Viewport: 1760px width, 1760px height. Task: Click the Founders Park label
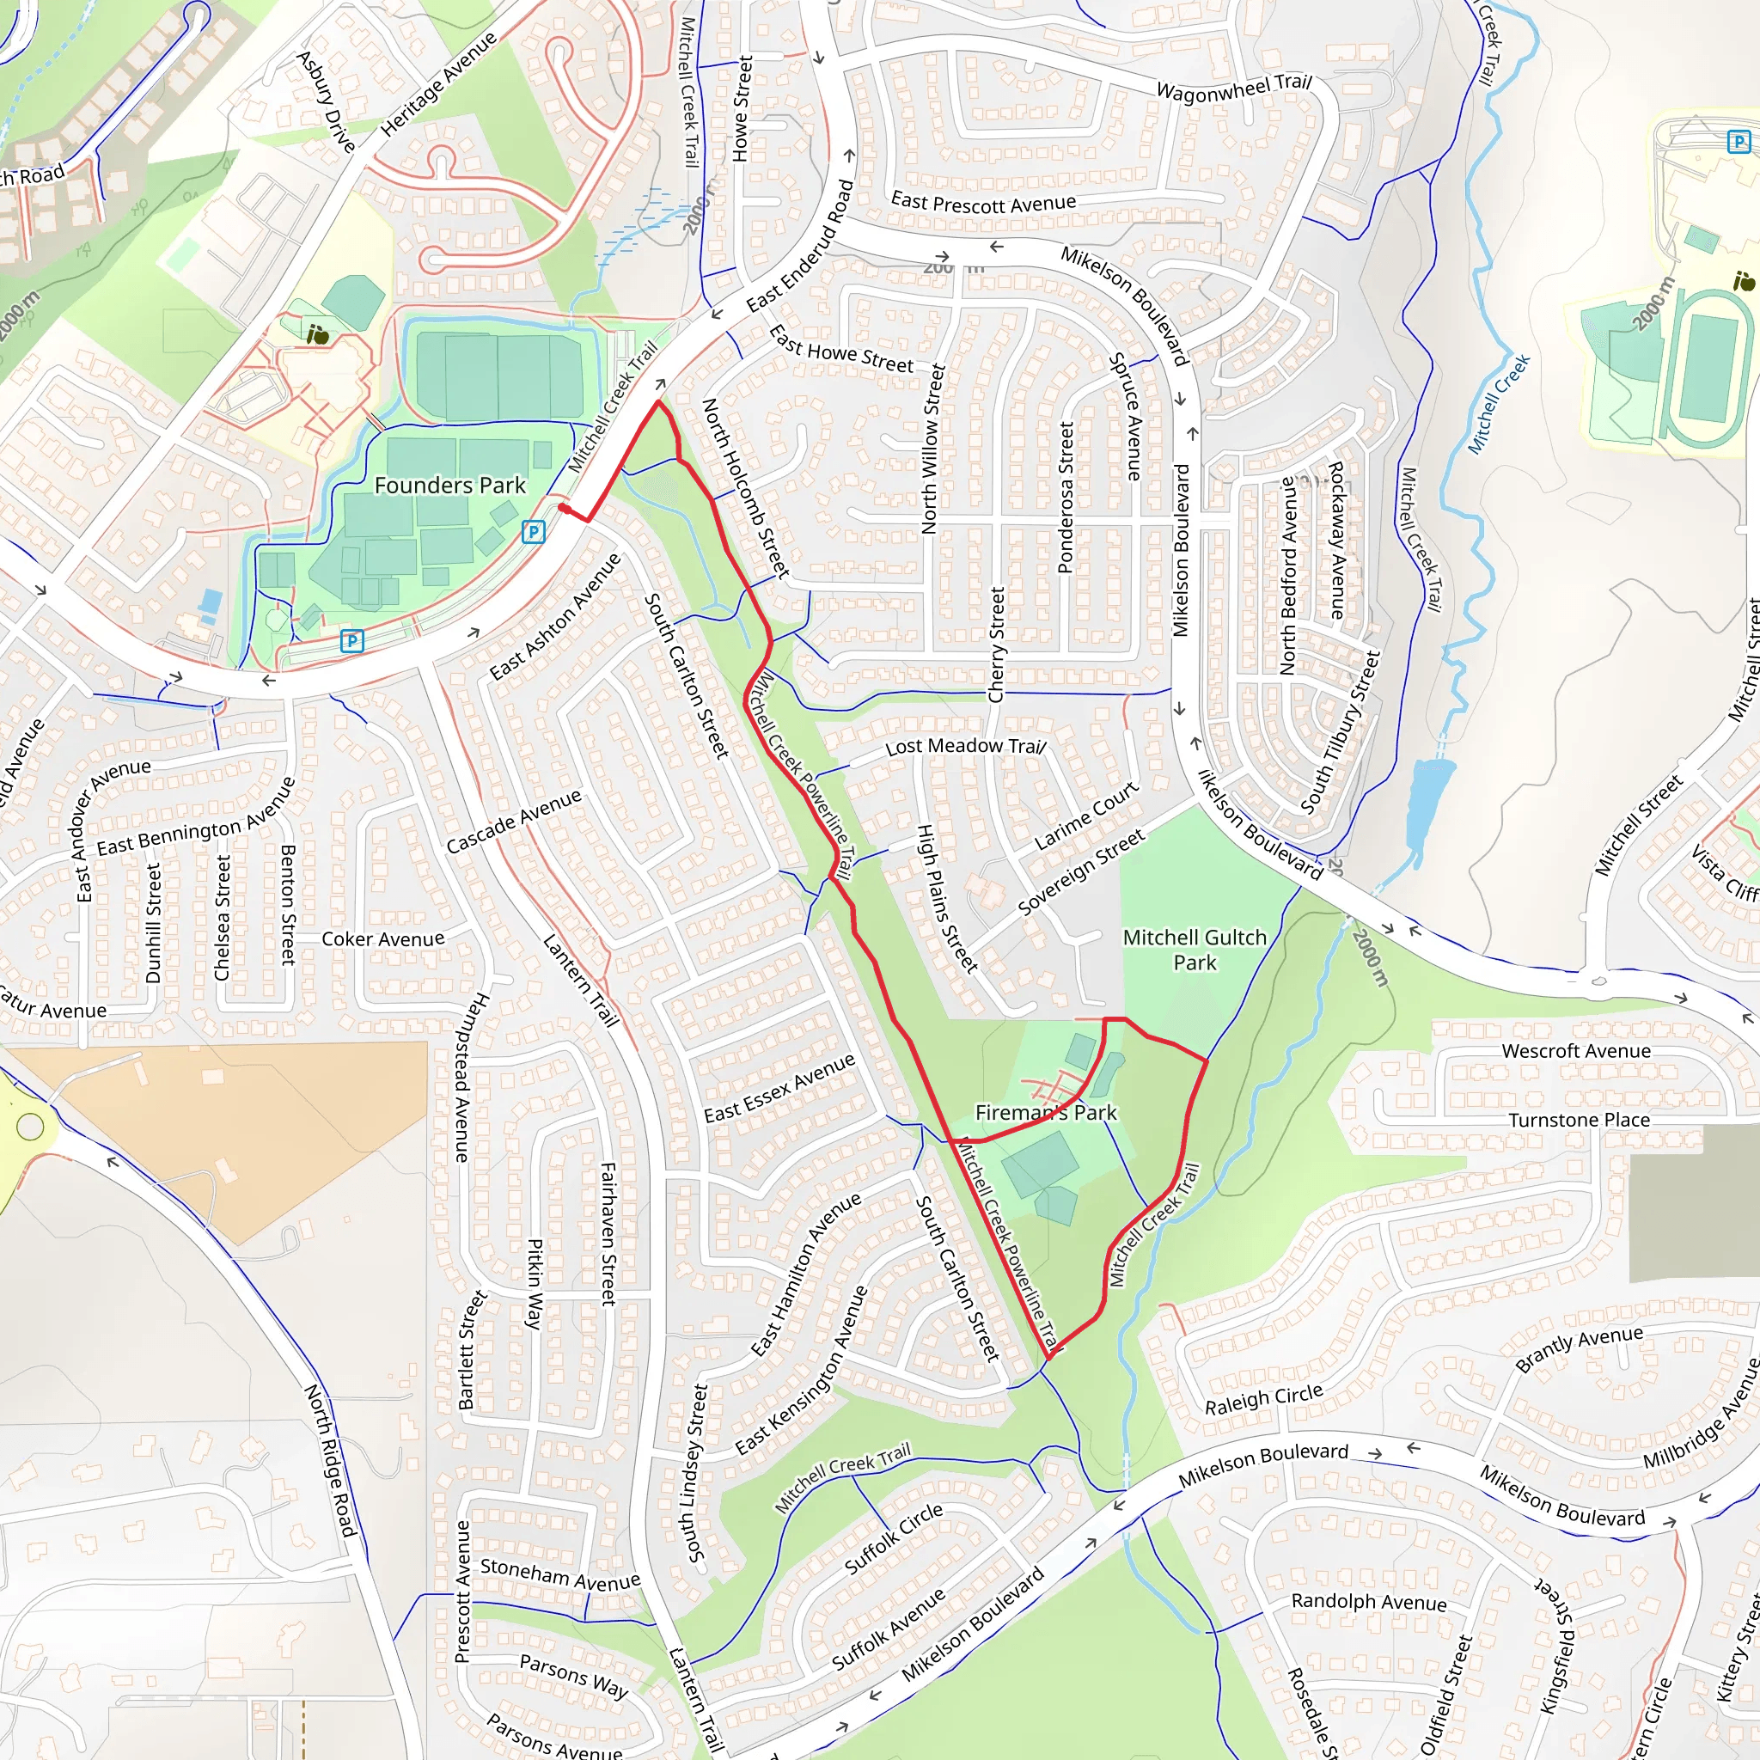pyautogui.click(x=450, y=485)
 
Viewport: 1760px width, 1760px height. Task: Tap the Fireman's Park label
pyautogui.click(x=1046, y=1112)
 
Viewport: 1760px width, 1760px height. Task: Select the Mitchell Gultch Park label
pyautogui.click(x=1195, y=950)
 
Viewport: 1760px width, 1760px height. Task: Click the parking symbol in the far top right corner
pyautogui.click(x=1739, y=141)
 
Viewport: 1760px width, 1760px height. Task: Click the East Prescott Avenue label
pyautogui.click(x=983, y=202)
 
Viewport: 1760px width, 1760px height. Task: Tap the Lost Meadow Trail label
pyautogui.click(x=966, y=746)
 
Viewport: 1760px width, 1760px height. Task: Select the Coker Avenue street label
pyautogui.click(x=382, y=939)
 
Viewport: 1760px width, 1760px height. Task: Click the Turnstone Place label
pyautogui.click(x=1579, y=1120)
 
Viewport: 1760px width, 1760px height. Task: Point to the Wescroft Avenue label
pyautogui.click(x=1576, y=1050)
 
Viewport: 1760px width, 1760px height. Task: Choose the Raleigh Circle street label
pyautogui.click(x=1263, y=1399)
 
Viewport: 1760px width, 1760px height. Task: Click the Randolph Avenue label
pyautogui.click(x=1368, y=1602)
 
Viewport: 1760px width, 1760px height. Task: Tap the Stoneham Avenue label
pyautogui.click(x=559, y=1574)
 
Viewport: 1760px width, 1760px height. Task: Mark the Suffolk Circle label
pyautogui.click(x=894, y=1538)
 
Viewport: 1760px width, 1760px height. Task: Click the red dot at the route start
pyautogui.click(x=564, y=510)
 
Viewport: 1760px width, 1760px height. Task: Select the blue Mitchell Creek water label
pyautogui.click(x=1499, y=404)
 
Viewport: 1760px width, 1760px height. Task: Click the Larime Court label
pyautogui.click(x=1087, y=816)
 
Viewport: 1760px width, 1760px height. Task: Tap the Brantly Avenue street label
pyautogui.click(x=1579, y=1348)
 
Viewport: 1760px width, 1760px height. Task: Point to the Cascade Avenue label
pyautogui.click(x=513, y=822)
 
